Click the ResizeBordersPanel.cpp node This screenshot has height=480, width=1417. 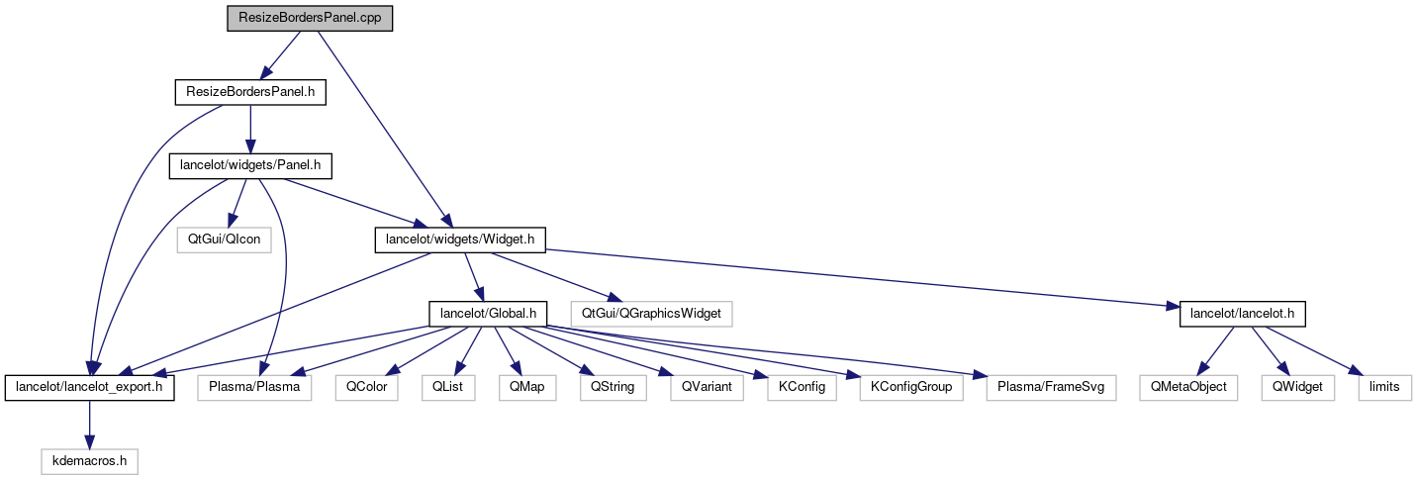[x=310, y=19]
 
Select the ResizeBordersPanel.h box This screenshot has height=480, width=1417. [x=250, y=93]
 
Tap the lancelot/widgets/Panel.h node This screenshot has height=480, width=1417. [x=250, y=166]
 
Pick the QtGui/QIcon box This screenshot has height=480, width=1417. [x=223, y=240]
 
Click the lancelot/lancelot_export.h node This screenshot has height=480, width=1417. [x=90, y=388]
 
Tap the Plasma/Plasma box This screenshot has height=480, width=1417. [x=254, y=388]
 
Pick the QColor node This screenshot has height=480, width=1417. [x=365, y=388]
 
